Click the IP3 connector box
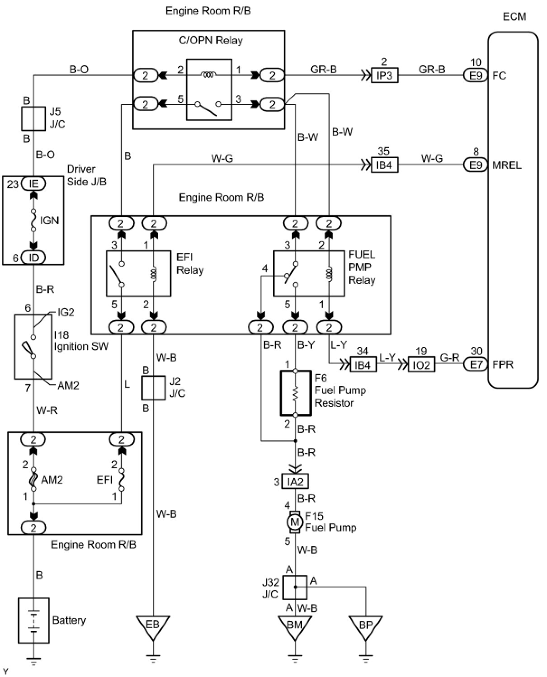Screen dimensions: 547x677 (384, 75)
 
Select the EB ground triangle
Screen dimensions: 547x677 (153, 628)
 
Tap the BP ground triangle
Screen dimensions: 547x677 (366, 628)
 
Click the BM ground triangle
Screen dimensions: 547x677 (295, 628)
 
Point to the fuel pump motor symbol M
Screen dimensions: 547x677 (295, 522)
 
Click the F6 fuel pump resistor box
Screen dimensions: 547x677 (295, 393)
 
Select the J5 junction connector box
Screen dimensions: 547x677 (33, 119)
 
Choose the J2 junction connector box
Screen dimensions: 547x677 (153, 388)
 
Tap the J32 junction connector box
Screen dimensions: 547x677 (295, 587)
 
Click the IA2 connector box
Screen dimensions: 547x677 (295, 482)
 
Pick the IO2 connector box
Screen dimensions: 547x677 (421, 365)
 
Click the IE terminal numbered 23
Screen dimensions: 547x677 (33, 183)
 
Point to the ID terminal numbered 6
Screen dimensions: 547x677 (33, 257)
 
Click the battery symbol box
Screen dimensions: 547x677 (34, 620)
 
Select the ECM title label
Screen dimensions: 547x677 (514, 16)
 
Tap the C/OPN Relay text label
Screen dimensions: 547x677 (211, 40)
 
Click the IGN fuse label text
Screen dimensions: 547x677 (49, 220)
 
